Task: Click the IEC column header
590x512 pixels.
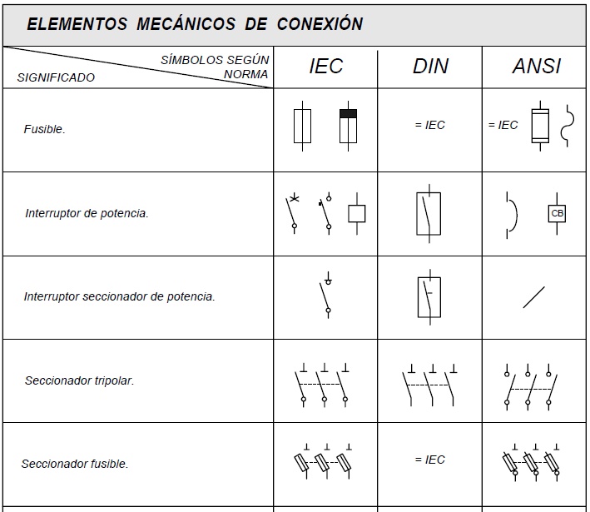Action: tap(325, 67)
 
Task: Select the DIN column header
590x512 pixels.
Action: tap(430, 67)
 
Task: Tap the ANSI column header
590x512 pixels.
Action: tap(536, 67)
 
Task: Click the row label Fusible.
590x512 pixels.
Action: tap(45, 130)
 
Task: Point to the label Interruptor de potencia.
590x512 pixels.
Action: tap(87, 213)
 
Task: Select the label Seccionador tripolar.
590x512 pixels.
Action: tap(79, 380)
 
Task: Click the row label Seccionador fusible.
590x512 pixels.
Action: tap(75, 464)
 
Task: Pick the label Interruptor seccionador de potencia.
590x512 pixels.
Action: tap(119, 296)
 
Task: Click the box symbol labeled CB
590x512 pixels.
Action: tap(557, 214)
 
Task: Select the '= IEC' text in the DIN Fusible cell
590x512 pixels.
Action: tap(429, 125)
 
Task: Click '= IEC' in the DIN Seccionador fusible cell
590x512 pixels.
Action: tap(429, 460)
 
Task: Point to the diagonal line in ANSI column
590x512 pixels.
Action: tap(533, 297)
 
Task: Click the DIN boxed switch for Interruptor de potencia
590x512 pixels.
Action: tap(429, 214)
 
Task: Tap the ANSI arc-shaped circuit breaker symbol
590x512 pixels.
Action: tap(511, 214)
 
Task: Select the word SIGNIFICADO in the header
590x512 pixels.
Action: tap(56, 77)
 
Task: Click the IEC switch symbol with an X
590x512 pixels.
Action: tap(293, 213)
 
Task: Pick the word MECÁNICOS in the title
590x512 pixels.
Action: tap(184, 24)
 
